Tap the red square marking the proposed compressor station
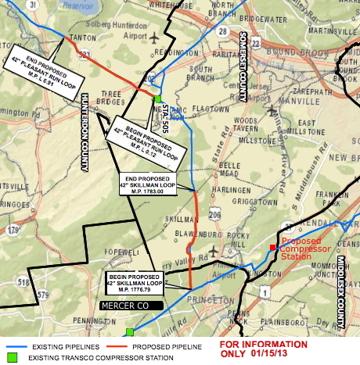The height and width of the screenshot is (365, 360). (272, 248)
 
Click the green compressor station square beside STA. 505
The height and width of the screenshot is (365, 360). (157, 100)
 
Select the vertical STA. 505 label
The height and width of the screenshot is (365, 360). (167, 113)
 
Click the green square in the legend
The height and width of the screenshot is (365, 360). (10, 358)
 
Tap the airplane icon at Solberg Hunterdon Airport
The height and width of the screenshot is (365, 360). (155, 37)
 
